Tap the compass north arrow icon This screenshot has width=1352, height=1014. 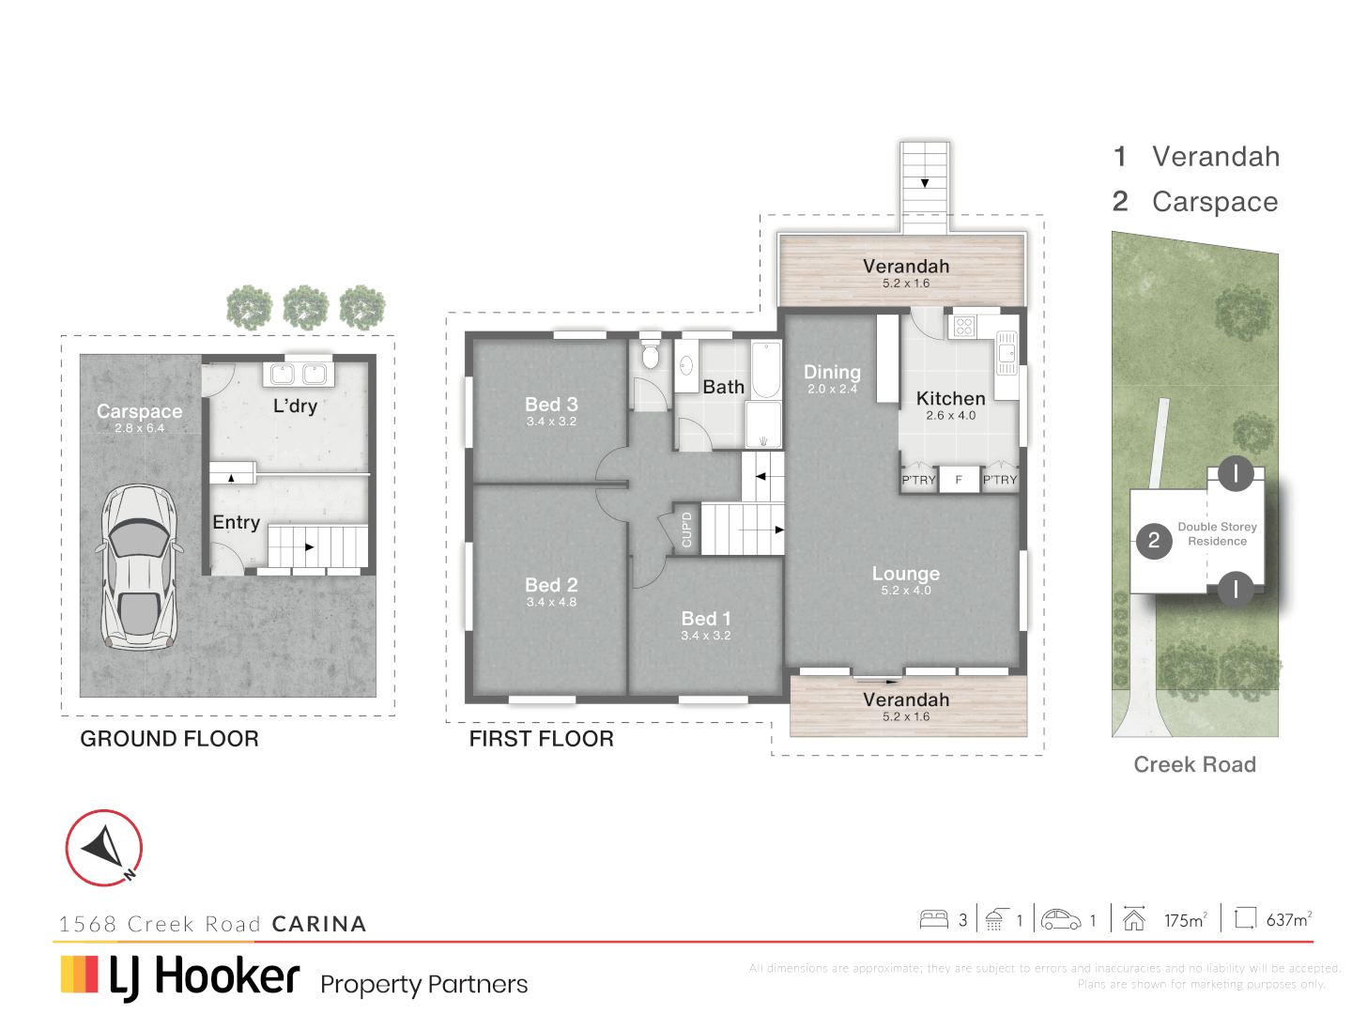(104, 848)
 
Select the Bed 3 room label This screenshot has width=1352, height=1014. (551, 405)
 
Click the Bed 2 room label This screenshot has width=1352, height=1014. (551, 585)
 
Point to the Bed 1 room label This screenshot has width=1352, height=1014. (706, 619)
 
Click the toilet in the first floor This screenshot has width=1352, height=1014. (651, 356)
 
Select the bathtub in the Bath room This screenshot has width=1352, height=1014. (766, 370)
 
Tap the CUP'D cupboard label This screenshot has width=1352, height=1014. (686, 530)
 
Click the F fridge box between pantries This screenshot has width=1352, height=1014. (959, 480)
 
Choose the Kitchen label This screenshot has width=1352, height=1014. (950, 399)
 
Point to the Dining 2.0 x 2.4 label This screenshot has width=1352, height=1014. (832, 377)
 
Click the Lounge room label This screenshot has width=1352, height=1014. (905, 574)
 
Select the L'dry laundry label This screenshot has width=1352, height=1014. (295, 406)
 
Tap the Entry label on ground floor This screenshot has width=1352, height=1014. (236, 522)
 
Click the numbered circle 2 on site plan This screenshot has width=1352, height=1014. (1154, 541)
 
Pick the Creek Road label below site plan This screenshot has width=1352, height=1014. (1194, 764)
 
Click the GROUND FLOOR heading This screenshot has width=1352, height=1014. (169, 739)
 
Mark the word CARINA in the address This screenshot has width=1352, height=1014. (319, 924)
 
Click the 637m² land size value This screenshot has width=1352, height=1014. (1288, 920)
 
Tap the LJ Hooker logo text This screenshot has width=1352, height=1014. (204, 976)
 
